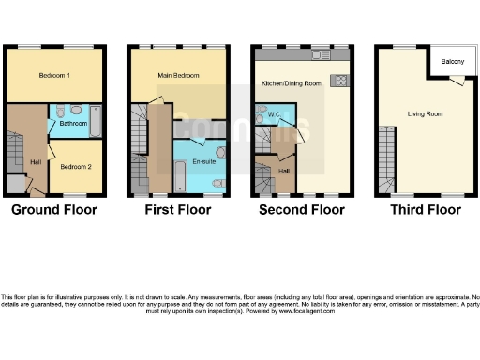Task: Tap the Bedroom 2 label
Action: pos(69,166)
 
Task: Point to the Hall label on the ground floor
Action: pos(36,162)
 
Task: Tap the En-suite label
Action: pos(204,161)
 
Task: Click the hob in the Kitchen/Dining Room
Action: pos(339,79)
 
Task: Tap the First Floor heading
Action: pos(176,209)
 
